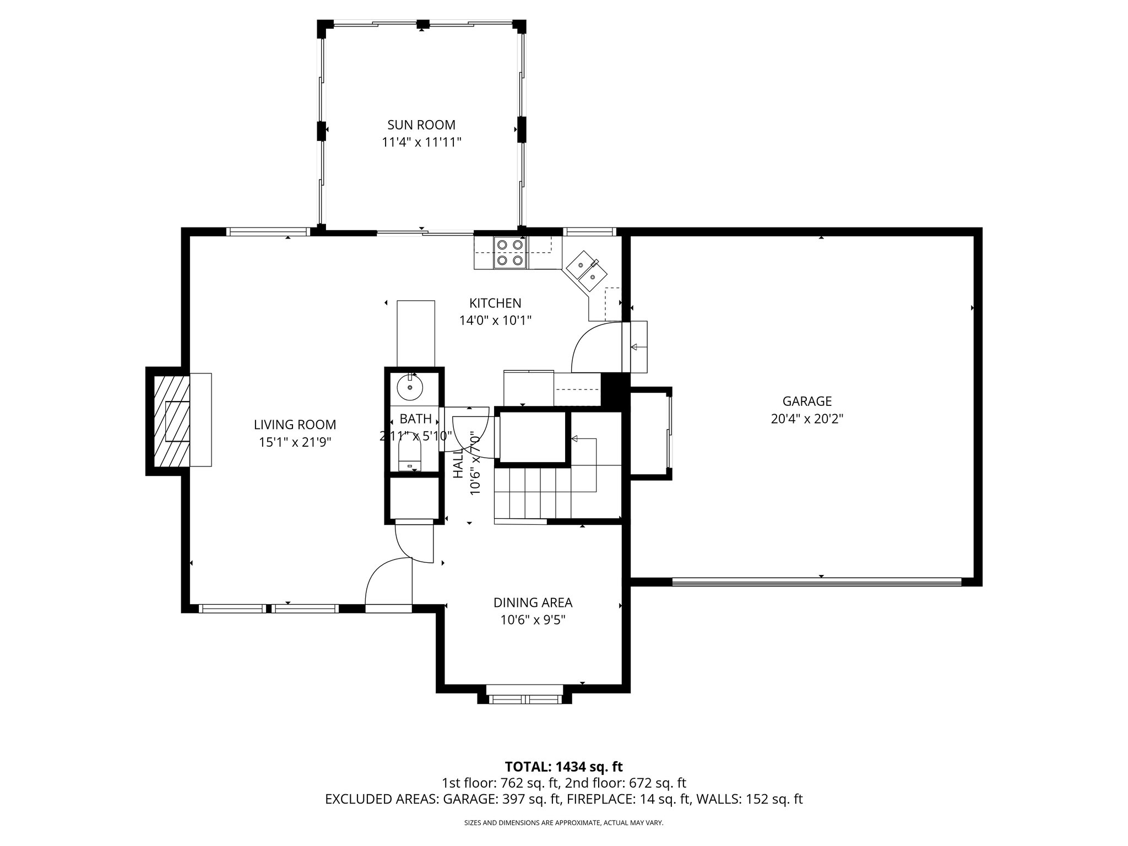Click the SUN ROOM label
coord(421,125)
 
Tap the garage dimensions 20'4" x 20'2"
coord(807,419)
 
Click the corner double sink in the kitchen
coord(585,270)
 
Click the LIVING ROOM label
coord(295,425)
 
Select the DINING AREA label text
coord(533,603)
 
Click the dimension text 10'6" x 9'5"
coord(533,620)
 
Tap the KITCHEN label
coord(495,303)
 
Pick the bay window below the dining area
coord(525,699)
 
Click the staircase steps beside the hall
coord(532,492)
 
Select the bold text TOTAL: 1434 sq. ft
coord(563,767)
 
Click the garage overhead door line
coord(816,582)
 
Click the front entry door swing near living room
coord(387,581)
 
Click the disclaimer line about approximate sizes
coord(563,823)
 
